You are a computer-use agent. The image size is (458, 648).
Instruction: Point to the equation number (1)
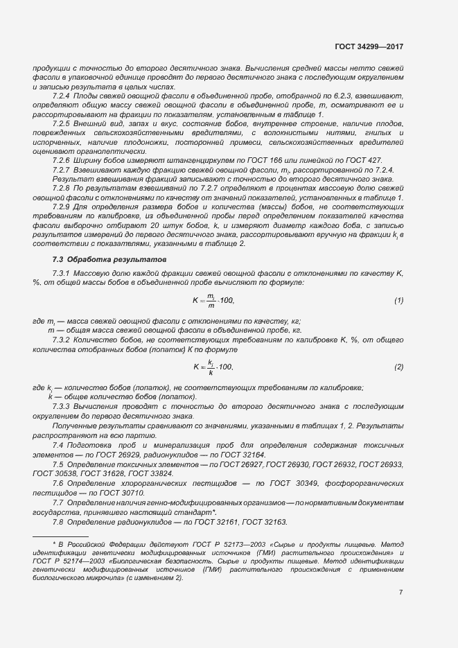[399, 300]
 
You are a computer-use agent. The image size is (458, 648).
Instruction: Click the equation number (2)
[399, 366]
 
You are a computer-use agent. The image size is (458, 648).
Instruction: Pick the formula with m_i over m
[213, 300]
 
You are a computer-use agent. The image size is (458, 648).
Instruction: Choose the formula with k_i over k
[213, 366]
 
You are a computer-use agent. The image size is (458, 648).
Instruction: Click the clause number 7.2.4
[63, 95]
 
